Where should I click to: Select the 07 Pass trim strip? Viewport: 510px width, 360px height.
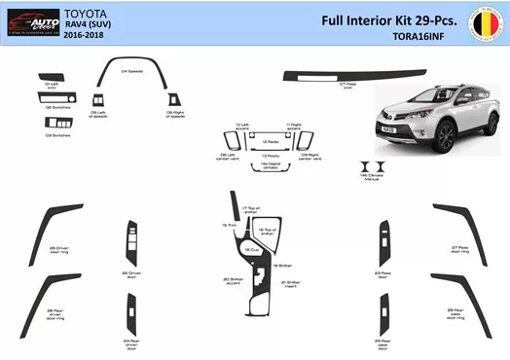tap(331, 74)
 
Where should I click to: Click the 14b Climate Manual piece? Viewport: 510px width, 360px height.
tap(372, 166)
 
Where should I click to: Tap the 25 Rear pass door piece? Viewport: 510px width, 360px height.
tap(381, 313)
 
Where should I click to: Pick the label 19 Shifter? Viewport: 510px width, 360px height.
tap(282, 265)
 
